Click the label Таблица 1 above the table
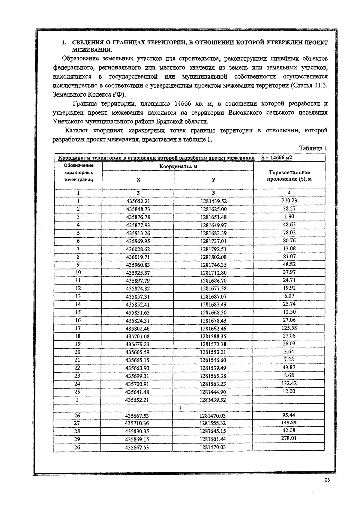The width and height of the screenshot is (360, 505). pos(313,148)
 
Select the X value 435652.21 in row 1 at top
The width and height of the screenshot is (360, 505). pos(138,201)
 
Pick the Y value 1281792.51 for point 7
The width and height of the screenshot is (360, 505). pos(213,249)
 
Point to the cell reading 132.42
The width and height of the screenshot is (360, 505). pos(289,383)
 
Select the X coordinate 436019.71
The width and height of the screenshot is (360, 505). pos(138,257)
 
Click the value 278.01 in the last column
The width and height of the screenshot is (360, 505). pos(289,438)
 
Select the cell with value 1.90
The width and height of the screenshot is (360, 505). pos(289,216)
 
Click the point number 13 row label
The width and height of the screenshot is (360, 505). pos(78,296)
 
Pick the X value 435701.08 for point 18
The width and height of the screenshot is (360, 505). pos(137,337)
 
